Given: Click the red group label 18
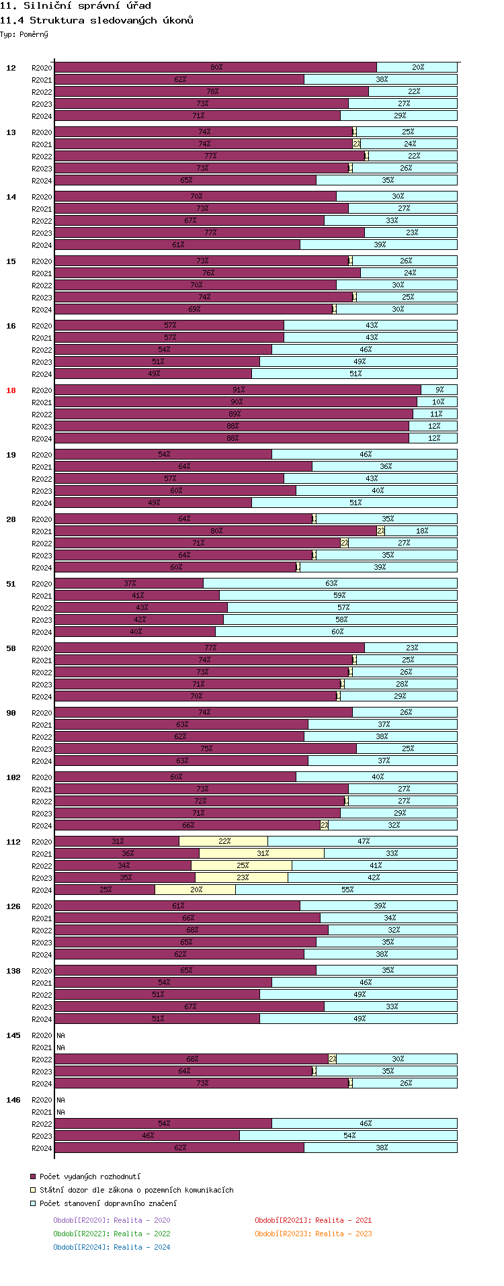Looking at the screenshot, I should (11, 390).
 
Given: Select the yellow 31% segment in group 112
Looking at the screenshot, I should (261, 853).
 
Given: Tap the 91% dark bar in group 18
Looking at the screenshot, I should (237, 390).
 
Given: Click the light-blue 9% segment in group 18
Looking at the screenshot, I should (439, 390).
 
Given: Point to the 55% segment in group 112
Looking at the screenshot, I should (346, 890).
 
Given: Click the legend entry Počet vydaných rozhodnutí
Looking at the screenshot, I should (89, 1176).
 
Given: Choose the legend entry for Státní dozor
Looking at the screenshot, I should (136, 1190).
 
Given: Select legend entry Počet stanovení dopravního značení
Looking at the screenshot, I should (108, 1203).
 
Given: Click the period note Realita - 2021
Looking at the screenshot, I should (312, 1220).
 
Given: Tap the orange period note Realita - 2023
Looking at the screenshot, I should (312, 1234).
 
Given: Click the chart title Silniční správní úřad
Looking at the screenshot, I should (75, 6).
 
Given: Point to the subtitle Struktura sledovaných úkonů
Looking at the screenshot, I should (97, 20).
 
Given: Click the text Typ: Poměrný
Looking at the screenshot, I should (24, 34).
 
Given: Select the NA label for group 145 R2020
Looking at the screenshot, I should (60, 1035).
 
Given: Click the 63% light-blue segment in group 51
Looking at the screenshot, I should (330, 583).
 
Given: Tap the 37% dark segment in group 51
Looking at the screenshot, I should (129, 583).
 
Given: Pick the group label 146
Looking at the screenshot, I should (13, 1100).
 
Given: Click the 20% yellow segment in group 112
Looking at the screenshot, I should (195, 890).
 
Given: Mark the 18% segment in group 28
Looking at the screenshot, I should (421, 531).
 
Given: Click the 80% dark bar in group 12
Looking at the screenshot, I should (215, 67).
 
